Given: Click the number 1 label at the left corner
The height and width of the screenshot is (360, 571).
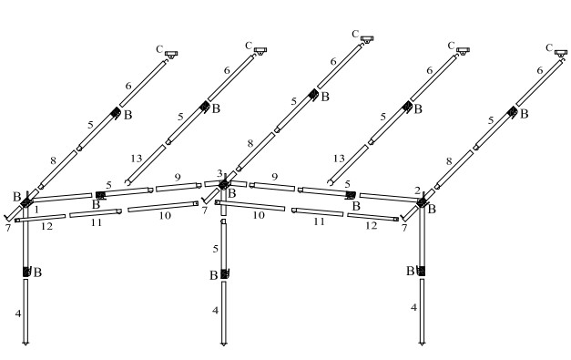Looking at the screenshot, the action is pyautogui.click(x=36, y=210).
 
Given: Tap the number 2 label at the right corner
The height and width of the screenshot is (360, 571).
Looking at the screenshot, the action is pyautogui.click(x=417, y=190).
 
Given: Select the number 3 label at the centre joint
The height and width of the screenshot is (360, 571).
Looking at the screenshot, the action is pyautogui.click(x=219, y=173).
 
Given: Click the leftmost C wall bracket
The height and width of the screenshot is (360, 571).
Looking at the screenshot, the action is pyautogui.click(x=171, y=54).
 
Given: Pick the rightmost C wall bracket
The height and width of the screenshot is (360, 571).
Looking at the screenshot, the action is pyautogui.click(x=561, y=53).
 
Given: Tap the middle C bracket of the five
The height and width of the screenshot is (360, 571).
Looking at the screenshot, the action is pyautogui.click(x=367, y=39).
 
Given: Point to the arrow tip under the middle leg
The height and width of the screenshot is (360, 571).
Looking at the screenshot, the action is pyautogui.click(x=224, y=344).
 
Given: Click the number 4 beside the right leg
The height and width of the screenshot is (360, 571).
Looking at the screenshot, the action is pyautogui.click(x=413, y=307).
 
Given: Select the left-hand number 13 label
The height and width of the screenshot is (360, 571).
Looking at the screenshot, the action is pyautogui.click(x=137, y=159).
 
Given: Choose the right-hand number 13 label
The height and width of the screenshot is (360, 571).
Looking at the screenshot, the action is pyautogui.click(x=339, y=159).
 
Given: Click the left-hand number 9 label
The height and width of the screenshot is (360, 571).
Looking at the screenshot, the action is pyautogui.click(x=178, y=178).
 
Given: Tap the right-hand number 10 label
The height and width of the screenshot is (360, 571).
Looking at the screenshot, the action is pyautogui.click(x=259, y=215).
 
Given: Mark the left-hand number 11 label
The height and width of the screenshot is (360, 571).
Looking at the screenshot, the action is pyautogui.click(x=97, y=222).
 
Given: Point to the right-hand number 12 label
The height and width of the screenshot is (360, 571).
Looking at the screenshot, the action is pyautogui.click(x=371, y=226).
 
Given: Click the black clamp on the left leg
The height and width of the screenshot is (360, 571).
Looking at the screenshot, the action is pyautogui.click(x=26, y=272).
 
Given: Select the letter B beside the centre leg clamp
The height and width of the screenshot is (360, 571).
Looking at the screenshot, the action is pyautogui.click(x=214, y=275).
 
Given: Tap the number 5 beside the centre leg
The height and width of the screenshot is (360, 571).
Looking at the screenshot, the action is pyautogui.click(x=215, y=249).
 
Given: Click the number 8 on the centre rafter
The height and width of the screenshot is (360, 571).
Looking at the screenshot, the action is pyautogui.click(x=250, y=144).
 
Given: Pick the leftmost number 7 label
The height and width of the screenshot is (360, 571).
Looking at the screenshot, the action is pyautogui.click(x=8, y=228).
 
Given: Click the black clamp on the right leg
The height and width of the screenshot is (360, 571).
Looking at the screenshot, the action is pyautogui.click(x=422, y=271).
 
